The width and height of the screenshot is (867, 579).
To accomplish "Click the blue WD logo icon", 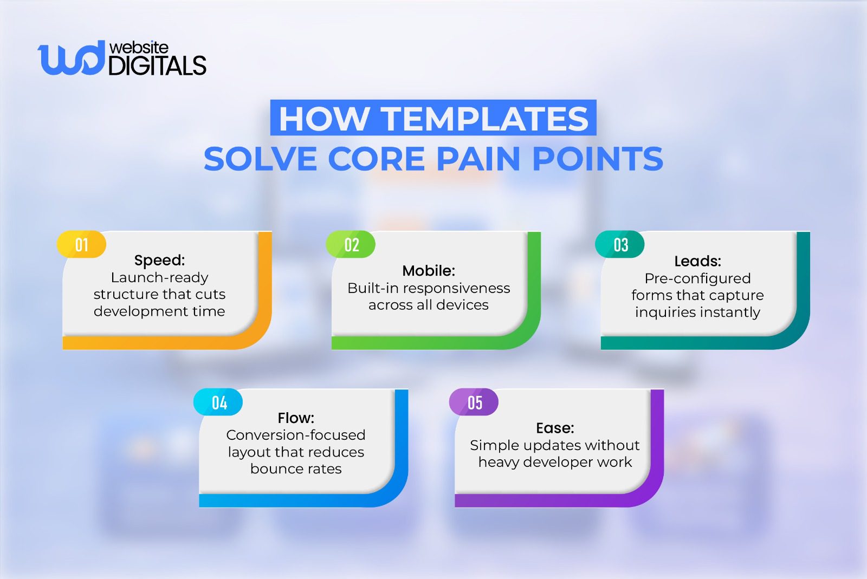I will click(x=70, y=58).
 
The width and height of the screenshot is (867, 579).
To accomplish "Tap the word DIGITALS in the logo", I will click(x=157, y=66).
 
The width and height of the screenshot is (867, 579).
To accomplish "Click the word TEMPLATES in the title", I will click(x=486, y=119).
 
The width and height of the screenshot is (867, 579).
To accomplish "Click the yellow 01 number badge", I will click(x=81, y=245).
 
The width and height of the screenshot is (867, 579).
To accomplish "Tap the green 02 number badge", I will click(x=351, y=245).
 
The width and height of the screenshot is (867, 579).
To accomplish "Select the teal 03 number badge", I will click(x=620, y=245).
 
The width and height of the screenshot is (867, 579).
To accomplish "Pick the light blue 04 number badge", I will click(x=218, y=402).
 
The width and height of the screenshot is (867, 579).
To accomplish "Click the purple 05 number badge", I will click(x=474, y=402).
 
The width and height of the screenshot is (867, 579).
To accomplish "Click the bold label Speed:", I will click(x=159, y=260).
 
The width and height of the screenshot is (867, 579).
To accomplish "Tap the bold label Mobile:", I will click(x=429, y=270).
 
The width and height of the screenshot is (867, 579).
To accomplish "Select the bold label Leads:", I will click(x=697, y=261).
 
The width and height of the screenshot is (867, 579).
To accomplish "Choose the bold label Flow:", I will click(x=296, y=418).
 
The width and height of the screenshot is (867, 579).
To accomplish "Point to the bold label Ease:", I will click(x=555, y=428).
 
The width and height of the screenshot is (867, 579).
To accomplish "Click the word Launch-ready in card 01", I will click(x=159, y=277).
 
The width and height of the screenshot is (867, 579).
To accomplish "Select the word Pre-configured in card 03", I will click(x=697, y=278).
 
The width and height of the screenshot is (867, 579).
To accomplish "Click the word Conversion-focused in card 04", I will click(x=296, y=435).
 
